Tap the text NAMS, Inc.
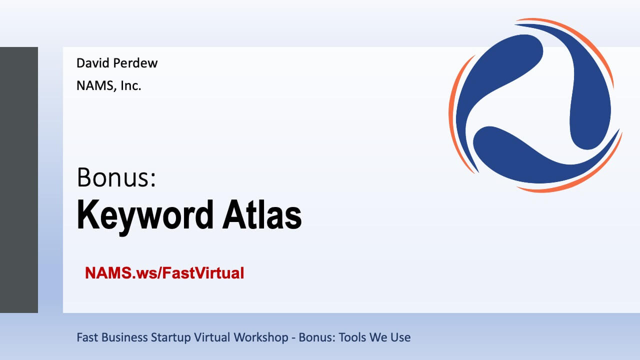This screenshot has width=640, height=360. click(x=109, y=85)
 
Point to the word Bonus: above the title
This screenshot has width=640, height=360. click(x=116, y=177)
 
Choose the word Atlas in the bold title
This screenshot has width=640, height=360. click(x=262, y=214)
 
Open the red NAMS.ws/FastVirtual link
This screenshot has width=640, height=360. click(x=164, y=273)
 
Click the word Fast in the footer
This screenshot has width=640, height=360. click(x=87, y=337)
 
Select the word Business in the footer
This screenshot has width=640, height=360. click(x=124, y=337)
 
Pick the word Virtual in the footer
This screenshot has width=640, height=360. click(x=212, y=337)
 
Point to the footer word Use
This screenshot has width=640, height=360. click(x=400, y=337)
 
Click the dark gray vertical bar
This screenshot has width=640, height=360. click(x=19, y=180)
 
